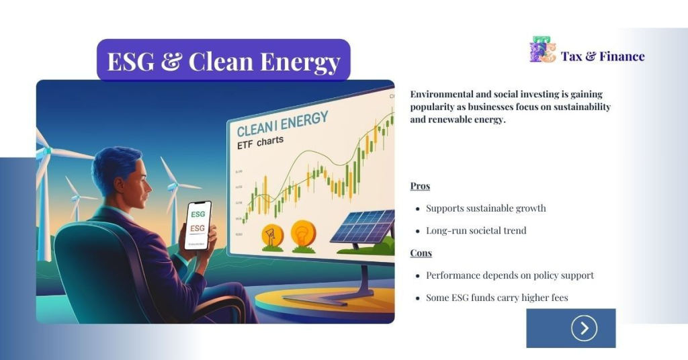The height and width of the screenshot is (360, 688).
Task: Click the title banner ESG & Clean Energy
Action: coord(224,61)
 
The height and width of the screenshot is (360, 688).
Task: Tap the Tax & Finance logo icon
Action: coord(542,50)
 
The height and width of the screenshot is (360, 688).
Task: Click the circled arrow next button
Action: coord(584,328)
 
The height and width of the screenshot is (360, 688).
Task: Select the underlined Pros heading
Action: coord(420,186)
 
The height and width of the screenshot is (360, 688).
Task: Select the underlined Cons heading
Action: coord(421,253)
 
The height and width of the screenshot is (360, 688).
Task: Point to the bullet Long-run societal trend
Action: coord(476,230)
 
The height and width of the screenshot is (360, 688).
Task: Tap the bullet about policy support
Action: coord(510,275)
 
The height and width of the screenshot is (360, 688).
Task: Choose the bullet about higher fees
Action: coord(497,298)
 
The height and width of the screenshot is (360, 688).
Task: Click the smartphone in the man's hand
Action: coord(198,224)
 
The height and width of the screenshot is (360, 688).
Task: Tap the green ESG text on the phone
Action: coord(198,214)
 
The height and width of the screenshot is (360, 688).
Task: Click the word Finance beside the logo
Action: coord(621,56)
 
